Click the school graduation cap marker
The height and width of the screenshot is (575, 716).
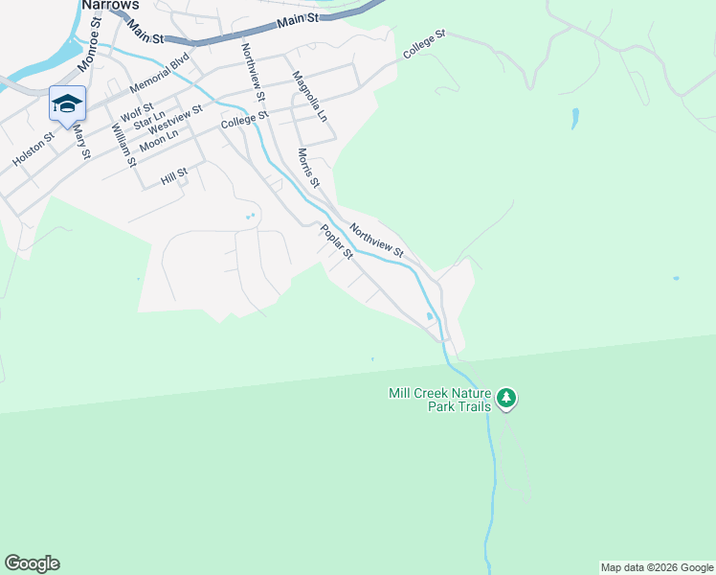(x=67, y=103)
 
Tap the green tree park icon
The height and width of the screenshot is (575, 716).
(x=506, y=397)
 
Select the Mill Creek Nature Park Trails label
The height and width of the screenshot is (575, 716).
(x=439, y=400)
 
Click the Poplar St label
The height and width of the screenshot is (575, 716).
(x=337, y=241)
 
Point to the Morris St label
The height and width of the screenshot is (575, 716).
(x=307, y=167)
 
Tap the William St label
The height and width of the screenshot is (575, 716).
(x=123, y=145)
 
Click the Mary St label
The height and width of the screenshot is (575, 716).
(x=81, y=140)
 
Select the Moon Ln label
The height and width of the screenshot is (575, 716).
(x=159, y=141)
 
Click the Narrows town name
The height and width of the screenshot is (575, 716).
(x=104, y=5)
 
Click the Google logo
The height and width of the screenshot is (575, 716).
(x=32, y=563)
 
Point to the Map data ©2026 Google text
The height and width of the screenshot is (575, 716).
(x=657, y=567)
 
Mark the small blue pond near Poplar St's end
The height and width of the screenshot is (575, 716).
(x=429, y=316)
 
